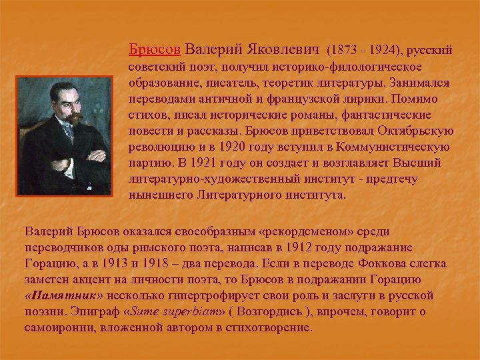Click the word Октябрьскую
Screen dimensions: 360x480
[x=411, y=132]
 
